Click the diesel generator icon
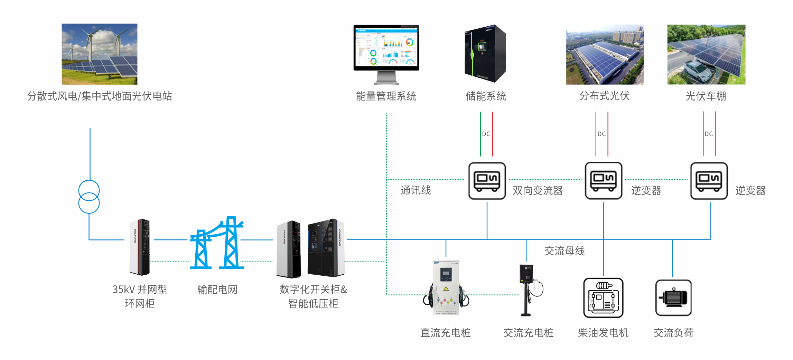[x=603, y=298]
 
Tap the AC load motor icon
[x=673, y=298]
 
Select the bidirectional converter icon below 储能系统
[x=487, y=181]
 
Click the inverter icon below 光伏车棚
[x=709, y=181]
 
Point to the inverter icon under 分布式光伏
[x=603, y=181]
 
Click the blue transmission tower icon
[x=217, y=244]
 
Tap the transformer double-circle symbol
[x=89, y=197]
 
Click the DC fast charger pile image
[x=446, y=287]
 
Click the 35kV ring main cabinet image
[x=140, y=247]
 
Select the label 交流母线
[x=565, y=251]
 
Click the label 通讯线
[x=416, y=190]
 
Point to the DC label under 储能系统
[x=486, y=134]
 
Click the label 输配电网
[x=217, y=290]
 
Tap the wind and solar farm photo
[x=100, y=54]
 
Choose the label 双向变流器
[x=538, y=190]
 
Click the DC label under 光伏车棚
[x=709, y=134]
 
